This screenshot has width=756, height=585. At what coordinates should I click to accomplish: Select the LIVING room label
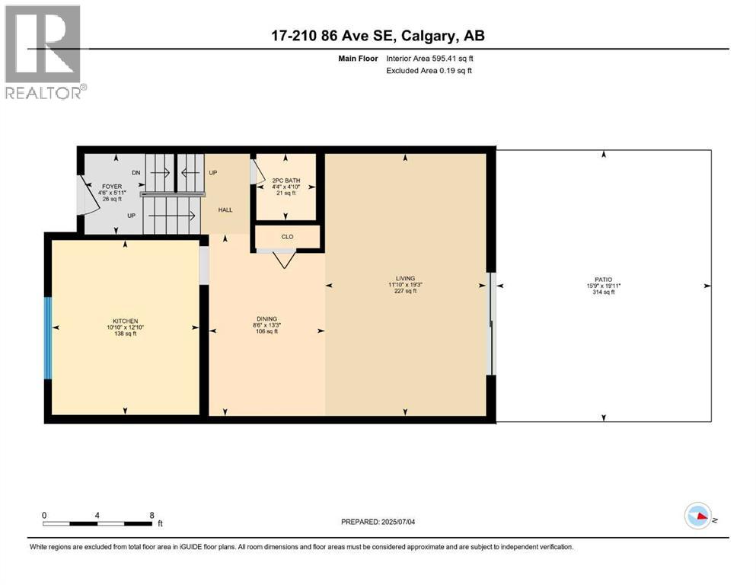[x=405, y=279]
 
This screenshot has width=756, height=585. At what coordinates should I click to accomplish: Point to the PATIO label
[x=604, y=280]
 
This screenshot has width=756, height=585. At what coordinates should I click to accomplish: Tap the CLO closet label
[x=287, y=237]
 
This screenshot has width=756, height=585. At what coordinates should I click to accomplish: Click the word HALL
[x=225, y=209]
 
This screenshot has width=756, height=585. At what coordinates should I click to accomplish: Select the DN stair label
[x=136, y=174]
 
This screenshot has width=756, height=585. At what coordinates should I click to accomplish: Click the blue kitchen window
[x=48, y=338]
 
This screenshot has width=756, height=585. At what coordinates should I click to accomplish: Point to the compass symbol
[x=697, y=516]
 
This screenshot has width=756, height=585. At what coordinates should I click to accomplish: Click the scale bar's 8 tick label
[x=152, y=515]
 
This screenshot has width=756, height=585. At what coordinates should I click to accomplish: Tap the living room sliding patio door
[x=491, y=324]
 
